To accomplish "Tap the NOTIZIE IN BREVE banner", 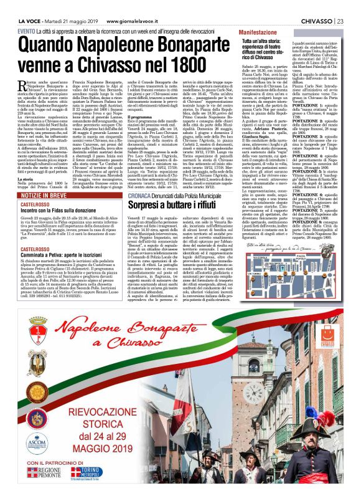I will tap(46, 196).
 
